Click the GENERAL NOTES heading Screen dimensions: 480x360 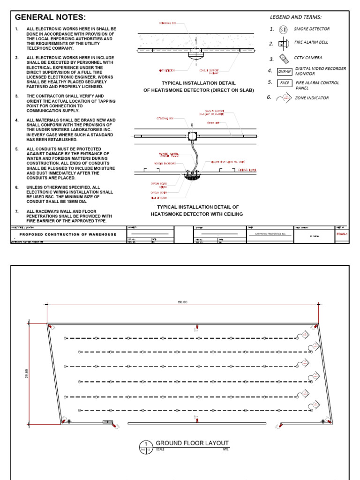coord(50,17)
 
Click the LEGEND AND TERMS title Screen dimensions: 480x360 coord(295,17)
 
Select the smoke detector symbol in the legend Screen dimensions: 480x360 coord(283,30)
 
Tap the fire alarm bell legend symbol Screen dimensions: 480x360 coord(283,44)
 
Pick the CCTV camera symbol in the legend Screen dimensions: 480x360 coord(284,59)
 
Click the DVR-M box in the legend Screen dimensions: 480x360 coord(284,71)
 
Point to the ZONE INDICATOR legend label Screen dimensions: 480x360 coord(311,98)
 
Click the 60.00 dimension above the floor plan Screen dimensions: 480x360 coord(182,302)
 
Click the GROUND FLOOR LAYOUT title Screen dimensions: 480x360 coord(192,443)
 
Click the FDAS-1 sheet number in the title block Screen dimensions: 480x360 coord(342,233)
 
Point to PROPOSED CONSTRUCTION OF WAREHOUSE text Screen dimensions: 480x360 coord(67,234)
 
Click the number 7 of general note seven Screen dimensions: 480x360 coord(16,211)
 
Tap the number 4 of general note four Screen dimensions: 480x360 coord(16,120)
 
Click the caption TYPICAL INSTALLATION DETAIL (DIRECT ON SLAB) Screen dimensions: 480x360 coord(198,86)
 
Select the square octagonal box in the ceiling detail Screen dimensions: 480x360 coord(192,136)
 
